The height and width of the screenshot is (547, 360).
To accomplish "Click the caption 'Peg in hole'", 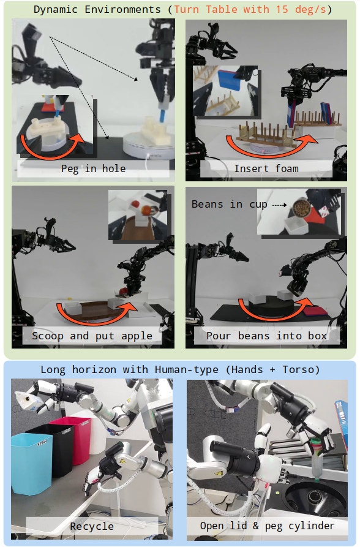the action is coord(93,169).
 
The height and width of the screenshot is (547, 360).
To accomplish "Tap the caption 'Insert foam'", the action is coord(266,169).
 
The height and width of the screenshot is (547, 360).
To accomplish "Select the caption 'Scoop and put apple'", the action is coord(92,336).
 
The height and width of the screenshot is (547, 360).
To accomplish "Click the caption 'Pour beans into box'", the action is coord(266,336).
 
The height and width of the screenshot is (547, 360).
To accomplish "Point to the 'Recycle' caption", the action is coord(92,526).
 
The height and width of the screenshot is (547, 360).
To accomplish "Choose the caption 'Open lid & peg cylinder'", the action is coord(267,526).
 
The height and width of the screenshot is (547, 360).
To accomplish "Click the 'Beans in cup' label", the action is coord(229,204).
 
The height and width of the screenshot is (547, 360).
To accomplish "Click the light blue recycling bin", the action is coord(32,464).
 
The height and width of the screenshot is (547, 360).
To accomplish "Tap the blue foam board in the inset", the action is coord(231,79).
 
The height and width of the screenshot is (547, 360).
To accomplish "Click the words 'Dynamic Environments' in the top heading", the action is coord(97,9).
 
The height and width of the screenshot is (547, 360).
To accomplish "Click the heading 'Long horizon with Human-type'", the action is coord(129,369).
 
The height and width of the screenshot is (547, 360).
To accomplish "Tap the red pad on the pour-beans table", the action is coord(315,311).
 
